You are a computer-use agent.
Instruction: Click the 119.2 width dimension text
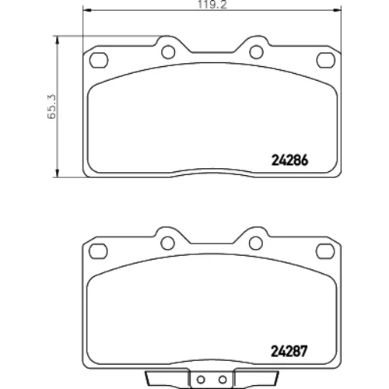click(x=212, y=5)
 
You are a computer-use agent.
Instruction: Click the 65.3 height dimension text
click(x=51, y=107)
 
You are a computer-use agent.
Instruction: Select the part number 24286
click(x=289, y=160)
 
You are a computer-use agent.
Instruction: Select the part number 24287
click(x=289, y=352)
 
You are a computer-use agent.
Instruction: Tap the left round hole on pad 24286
click(x=168, y=52)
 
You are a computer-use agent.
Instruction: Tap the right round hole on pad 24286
click(x=256, y=51)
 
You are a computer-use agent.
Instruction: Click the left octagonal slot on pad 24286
click(x=99, y=60)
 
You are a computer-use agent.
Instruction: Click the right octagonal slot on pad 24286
click(x=326, y=60)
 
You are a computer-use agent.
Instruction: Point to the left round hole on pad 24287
click(x=167, y=243)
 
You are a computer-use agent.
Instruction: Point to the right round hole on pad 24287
click(x=256, y=243)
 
